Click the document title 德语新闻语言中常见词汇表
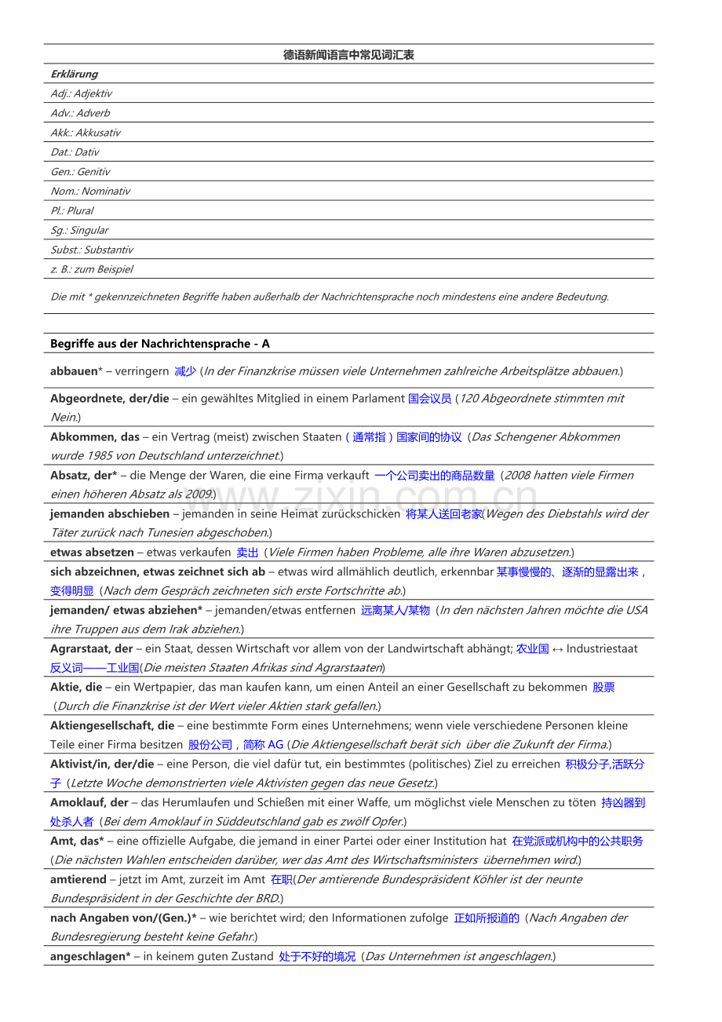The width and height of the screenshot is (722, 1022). point(348,55)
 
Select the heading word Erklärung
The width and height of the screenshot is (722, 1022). point(75,74)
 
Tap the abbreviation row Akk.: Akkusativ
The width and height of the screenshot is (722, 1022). point(86,133)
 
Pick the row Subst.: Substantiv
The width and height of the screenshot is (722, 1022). point(92,250)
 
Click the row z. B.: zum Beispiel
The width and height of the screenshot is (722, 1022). point(92,269)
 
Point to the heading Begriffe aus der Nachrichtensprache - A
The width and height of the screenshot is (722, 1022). point(160,344)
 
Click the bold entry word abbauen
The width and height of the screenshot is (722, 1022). point(74,370)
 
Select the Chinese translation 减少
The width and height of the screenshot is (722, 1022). point(185,370)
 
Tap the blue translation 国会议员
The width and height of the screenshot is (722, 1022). point(429,398)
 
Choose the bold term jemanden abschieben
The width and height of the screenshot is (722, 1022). point(110,513)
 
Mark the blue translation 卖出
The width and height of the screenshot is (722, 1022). point(247,553)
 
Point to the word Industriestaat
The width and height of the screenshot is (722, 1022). point(602,648)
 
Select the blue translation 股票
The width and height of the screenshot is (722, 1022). point(603,687)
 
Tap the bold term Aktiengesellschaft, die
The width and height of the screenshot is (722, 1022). point(112,725)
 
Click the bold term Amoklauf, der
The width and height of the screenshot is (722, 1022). point(89,802)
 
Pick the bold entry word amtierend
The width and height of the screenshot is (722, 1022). point(78,879)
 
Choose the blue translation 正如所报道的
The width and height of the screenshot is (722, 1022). point(487,918)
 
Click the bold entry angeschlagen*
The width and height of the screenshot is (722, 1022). point(90,956)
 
